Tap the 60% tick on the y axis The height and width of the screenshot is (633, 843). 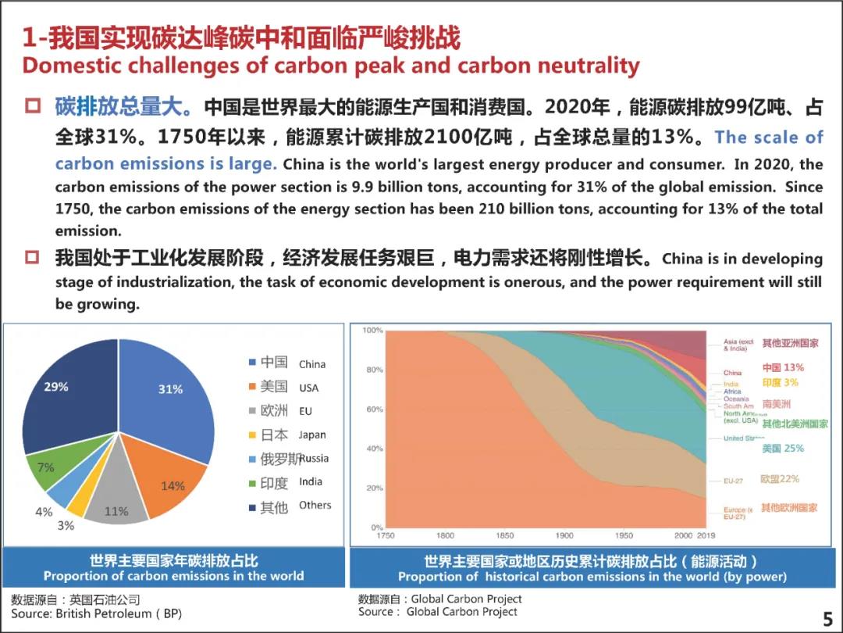(375, 409)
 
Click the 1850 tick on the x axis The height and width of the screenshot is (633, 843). (505, 536)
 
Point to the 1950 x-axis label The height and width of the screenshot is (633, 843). (624, 536)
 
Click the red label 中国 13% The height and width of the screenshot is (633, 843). (783, 367)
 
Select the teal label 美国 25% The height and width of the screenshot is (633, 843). (783, 449)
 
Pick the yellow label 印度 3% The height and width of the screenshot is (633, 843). (780, 383)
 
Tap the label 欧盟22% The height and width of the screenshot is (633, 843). (780, 479)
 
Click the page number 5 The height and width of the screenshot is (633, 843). (828, 619)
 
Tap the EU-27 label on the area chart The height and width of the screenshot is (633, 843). (735, 480)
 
